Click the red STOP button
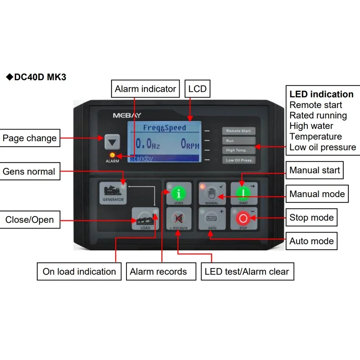[243, 219]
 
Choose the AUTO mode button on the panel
[211, 219]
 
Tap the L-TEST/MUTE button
[178, 219]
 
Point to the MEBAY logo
[127, 115]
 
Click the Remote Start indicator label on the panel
[238, 131]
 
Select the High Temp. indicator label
[238, 150]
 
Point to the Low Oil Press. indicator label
[238, 160]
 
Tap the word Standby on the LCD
[142, 159]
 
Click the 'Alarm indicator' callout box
[145, 89]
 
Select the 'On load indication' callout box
[79, 271]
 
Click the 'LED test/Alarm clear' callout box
[247, 271]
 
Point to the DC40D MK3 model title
[36, 77]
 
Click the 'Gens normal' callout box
[29, 171]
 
